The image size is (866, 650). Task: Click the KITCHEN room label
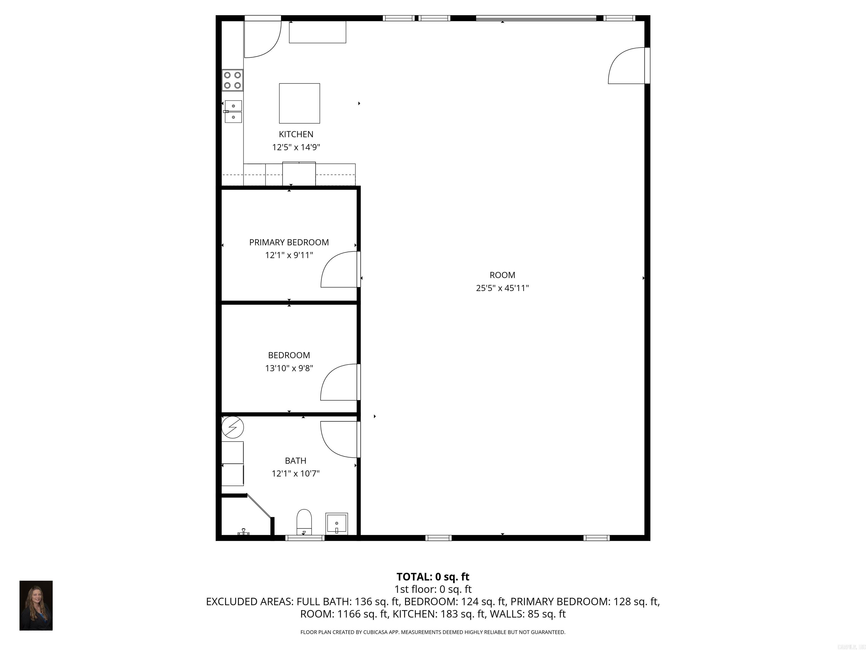tap(296, 134)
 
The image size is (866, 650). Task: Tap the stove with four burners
tap(233, 80)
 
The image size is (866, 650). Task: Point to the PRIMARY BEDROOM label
tap(289, 243)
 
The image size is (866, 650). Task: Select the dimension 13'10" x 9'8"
tap(289, 368)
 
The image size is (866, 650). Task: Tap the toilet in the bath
tap(304, 521)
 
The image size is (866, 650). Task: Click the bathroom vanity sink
tap(337, 523)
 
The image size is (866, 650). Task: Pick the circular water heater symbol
tap(233, 427)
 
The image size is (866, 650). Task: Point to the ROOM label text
tap(502, 275)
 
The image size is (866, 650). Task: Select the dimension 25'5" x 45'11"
tap(502, 288)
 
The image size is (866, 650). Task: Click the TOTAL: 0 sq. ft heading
tap(433, 577)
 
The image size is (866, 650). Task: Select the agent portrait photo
tap(36, 605)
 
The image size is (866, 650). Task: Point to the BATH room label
tap(296, 461)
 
